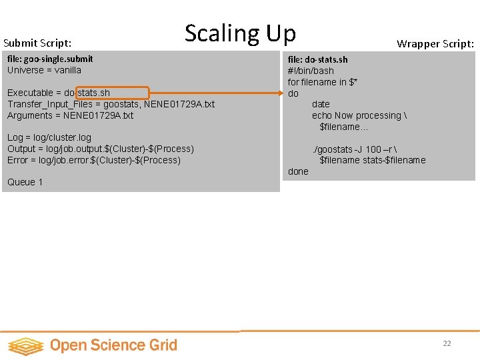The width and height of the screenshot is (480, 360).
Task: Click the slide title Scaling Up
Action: coord(240,33)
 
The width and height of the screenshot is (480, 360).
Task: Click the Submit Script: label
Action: coord(37,43)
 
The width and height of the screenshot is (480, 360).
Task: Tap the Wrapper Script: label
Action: coord(435,44)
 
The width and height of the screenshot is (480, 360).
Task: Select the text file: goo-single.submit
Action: coord(50,59)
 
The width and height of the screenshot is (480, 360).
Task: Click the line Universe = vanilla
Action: coord(44,70)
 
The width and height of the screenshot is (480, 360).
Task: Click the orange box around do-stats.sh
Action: coord(113,93)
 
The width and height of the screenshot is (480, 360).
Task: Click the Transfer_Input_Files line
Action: coord(111,104)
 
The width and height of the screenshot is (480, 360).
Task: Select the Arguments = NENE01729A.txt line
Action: coord(70,115)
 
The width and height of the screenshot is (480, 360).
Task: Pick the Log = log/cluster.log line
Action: coord(49,137)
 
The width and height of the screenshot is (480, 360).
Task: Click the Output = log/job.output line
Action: coord(100,149)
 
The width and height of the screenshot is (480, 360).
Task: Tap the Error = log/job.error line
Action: coord(93,160)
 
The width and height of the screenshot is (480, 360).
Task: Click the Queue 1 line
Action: coord(25,182)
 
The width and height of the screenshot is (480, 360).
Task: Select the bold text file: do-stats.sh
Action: coord(317,59)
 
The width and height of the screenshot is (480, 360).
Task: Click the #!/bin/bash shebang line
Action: coord(311,71)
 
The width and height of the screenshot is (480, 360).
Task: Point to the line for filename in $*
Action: coord(323,82)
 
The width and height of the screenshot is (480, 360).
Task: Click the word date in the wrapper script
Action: coord(321,104)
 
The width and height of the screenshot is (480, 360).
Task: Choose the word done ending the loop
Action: coord(298,171)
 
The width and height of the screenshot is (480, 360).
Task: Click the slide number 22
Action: coord(447,343)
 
